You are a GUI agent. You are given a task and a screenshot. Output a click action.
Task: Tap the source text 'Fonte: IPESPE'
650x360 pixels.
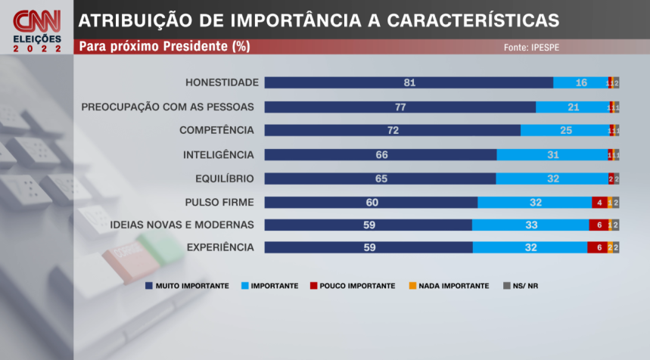532,47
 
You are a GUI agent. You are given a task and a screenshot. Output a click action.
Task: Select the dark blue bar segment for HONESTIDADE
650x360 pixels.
409,82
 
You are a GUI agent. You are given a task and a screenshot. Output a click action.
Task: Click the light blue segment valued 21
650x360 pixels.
573,107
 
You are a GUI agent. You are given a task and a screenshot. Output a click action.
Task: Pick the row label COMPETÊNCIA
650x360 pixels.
216,131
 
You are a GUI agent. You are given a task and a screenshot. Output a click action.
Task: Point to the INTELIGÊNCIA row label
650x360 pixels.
219,155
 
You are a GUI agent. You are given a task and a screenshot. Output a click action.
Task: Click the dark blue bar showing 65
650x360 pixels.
380,179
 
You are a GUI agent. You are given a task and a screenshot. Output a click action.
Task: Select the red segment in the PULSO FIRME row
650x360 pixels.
599,203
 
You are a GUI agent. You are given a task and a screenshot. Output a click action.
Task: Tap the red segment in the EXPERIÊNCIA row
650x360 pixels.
597,247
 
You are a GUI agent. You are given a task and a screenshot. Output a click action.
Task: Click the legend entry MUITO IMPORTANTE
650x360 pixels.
187,286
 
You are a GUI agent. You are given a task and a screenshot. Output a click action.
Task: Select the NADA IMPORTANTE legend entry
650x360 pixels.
447,286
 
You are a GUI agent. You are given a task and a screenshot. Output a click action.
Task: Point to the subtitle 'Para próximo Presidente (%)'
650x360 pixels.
165,47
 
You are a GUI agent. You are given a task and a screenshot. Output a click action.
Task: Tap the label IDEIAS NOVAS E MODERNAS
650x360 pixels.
182,225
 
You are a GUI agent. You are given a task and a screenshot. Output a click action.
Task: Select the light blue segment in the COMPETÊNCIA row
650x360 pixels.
564,131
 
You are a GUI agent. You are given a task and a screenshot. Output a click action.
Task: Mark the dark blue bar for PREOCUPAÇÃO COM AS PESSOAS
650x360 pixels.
400,107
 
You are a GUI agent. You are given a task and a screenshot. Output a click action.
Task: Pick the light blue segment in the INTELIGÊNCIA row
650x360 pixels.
552,155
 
